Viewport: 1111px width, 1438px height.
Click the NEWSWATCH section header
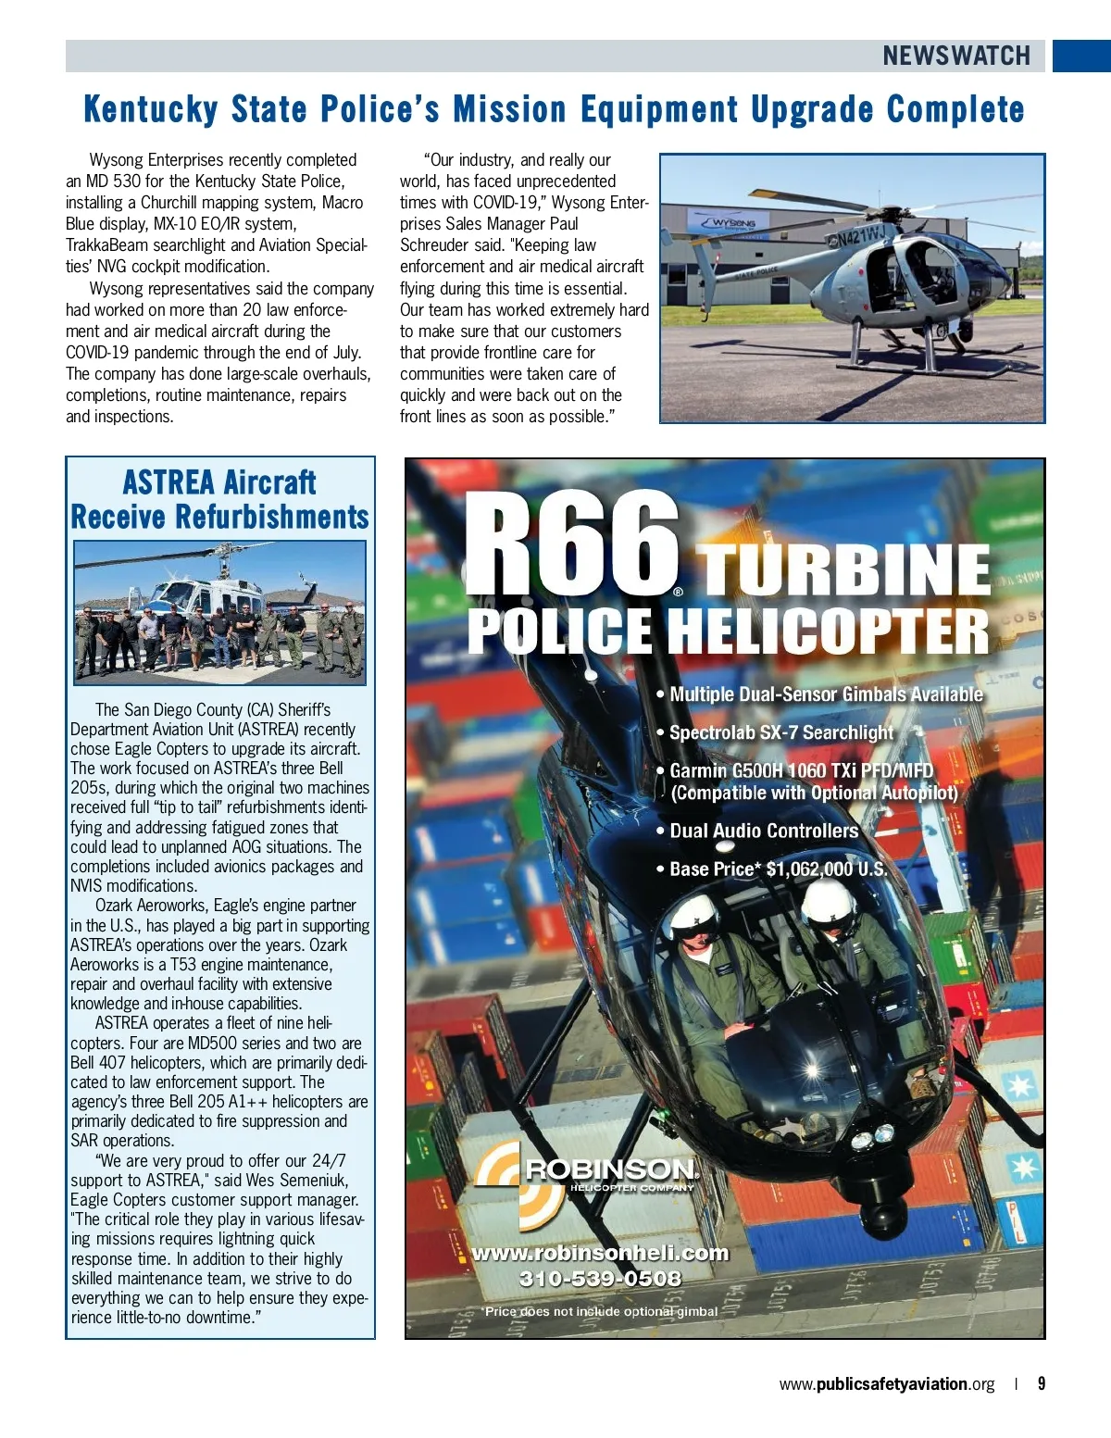pos(955,56)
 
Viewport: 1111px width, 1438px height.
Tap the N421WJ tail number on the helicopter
pos(860,233)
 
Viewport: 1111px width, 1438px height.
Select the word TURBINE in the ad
pos(843,569)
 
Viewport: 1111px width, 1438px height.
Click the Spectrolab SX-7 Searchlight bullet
pos(780,732)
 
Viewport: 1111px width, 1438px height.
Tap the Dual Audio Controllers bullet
pos(763,831)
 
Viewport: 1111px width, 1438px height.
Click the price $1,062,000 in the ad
pos(826,869)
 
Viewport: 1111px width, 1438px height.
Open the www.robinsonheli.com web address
pos(600,1253)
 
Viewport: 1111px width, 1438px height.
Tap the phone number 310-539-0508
pos(600,1279)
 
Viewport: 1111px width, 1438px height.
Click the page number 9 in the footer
pos(1042,1383)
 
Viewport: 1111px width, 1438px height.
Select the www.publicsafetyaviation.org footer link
pos(886,1384)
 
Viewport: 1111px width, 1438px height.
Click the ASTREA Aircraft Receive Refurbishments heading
pos(220,499)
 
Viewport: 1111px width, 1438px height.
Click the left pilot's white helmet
pos(694,917)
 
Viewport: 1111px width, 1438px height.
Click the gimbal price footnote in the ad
pos(600,1311)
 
